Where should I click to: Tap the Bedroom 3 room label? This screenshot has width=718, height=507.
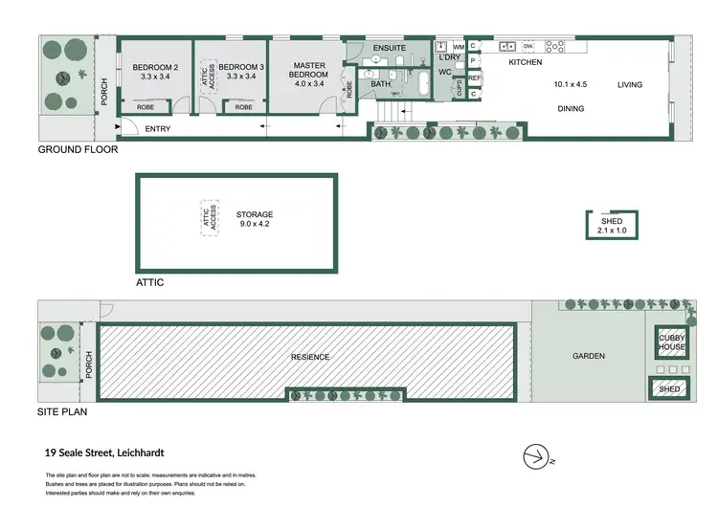[236, 66]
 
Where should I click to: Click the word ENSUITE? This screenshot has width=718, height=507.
[390, 47]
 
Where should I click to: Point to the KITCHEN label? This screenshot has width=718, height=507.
[525, 62]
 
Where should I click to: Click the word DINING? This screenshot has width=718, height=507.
[571, 109]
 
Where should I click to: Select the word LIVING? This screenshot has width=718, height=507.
[630, 84]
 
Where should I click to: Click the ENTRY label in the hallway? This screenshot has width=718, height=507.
[158, 128]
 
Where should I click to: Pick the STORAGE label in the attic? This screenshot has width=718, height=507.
[255, 214]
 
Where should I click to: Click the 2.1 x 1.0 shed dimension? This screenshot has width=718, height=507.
[612, 231]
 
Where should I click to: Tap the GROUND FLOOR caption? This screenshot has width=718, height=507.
[78, 150]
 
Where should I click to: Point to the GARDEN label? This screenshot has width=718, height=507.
[589, 357]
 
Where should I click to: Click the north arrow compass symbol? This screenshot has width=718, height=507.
[536, 455]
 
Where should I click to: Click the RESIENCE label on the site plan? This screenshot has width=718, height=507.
[310, 357]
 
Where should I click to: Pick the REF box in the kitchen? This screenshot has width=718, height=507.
[475, 78]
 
